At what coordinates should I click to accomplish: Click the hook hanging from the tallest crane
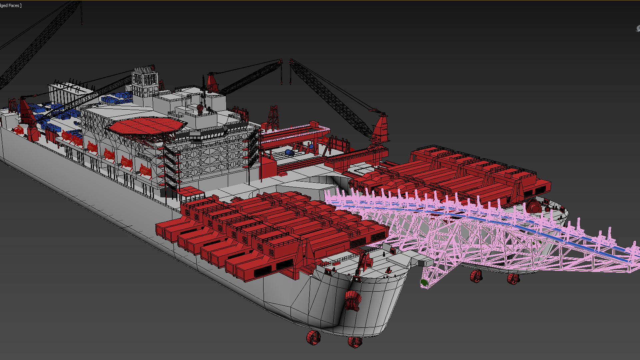(82, 23)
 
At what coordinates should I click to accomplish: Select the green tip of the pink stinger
(424, 283)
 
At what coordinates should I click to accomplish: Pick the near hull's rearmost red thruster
(313, 337)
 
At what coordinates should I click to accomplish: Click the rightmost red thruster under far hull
(513, 279)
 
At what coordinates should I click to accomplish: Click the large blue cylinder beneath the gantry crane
(289, 152)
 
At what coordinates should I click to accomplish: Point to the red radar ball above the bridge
(200, 108)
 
